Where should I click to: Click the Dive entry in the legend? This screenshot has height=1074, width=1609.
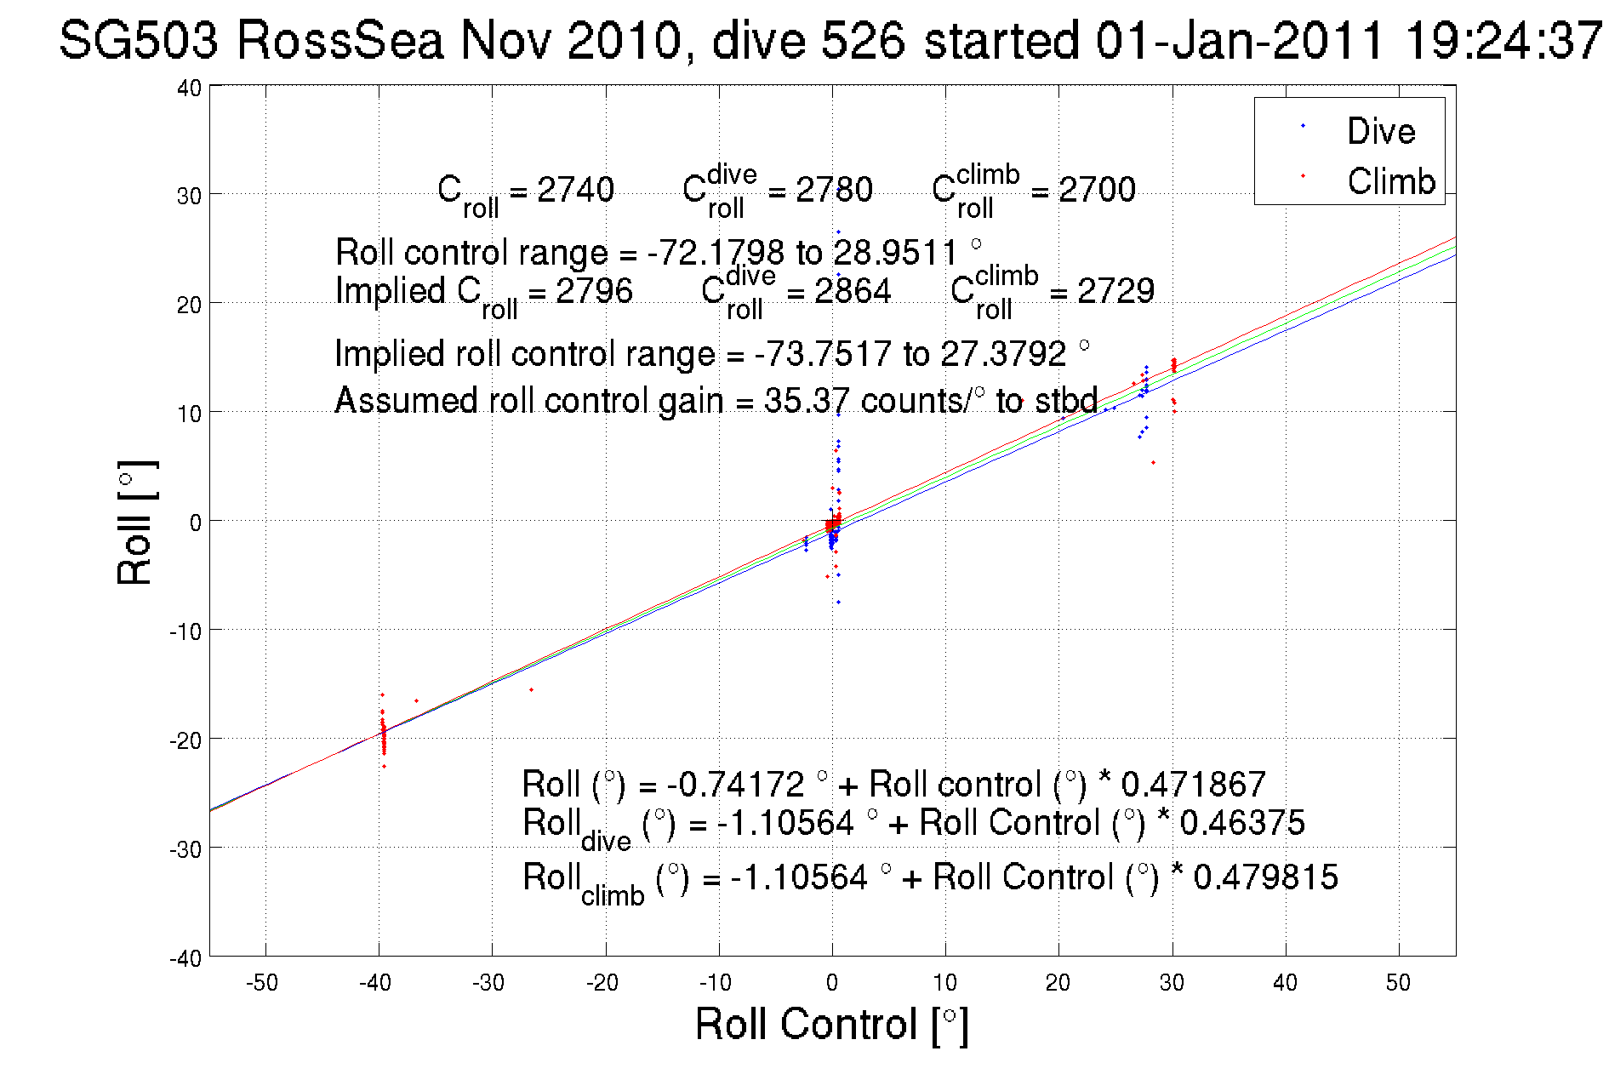(1379, 131)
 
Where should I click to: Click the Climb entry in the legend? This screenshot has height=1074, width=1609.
(1390, 181)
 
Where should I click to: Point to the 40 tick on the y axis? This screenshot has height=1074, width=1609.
(189, 88)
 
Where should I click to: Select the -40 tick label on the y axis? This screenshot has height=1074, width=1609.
(185, 958)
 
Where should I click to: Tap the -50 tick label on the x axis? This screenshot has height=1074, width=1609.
(262, 983)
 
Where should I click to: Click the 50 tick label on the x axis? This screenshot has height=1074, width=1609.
(1398, 983)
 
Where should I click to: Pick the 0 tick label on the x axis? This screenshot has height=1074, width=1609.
(832, 983)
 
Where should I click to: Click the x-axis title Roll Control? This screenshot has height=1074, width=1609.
(831, 1024)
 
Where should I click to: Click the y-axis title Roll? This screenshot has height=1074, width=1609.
(136, 523)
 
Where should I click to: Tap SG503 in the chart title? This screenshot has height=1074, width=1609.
(139, 40)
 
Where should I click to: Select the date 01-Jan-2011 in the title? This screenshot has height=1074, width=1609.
(1239, 40)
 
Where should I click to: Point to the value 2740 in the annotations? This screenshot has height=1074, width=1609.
(575, 189)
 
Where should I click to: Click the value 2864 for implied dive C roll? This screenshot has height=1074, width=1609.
(852, 291)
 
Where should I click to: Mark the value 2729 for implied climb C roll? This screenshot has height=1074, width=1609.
(1115, 291)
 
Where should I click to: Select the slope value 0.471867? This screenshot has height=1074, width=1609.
(1193, 784)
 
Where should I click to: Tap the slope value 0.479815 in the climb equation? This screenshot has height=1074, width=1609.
(1265, 877)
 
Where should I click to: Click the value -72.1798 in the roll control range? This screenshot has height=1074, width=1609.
(716, 253)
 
